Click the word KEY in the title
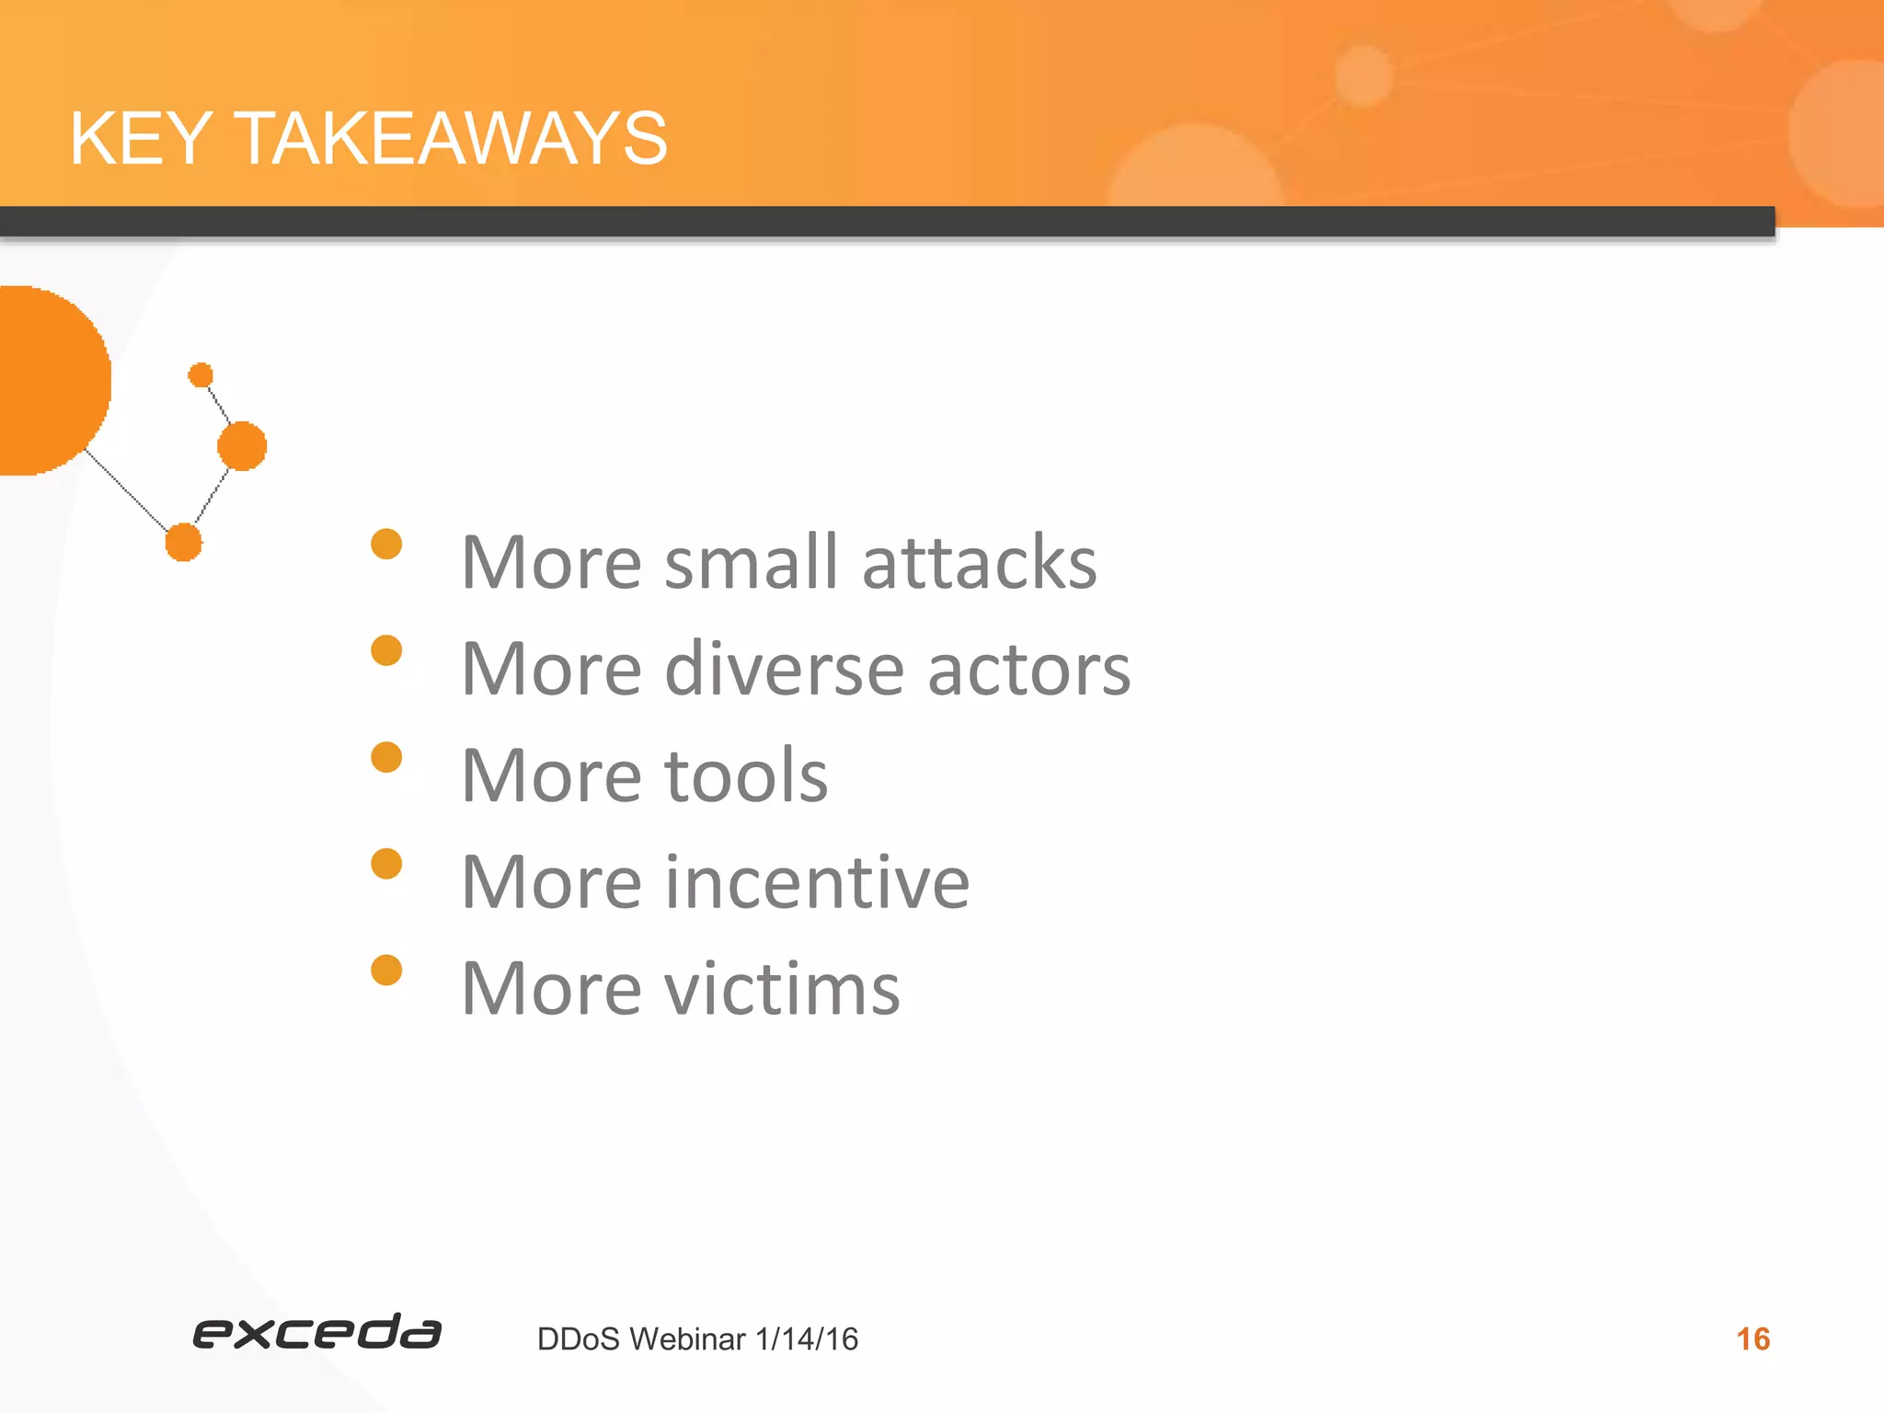[x=141, y=139]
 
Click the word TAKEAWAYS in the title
[x=452, y=139]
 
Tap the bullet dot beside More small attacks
[x=386, y=544]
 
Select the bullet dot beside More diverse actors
[x=386, y=650]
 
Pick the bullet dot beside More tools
[x=386, y=757]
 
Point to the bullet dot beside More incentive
[x=386, y=864]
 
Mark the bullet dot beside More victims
[x=386, y=970]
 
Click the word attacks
[x=979, y=562]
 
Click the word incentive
[x=816, y=882]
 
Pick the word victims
[x=782, y=989]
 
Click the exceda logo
[x=316, y=1332]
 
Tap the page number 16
[x=1752, y=1338]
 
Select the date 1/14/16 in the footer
[x=806, y=1339]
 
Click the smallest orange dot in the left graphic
[x=201, y=375]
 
